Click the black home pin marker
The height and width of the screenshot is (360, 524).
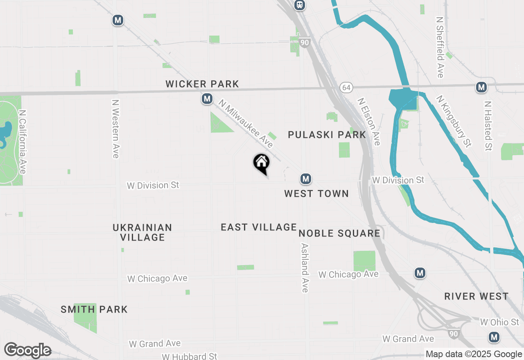click(x=261, y=163)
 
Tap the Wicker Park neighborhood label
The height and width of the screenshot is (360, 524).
click(x=202, y=84)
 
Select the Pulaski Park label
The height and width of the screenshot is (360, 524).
click(x=327, y=135)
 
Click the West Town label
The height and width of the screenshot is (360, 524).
click(x=316, y=193)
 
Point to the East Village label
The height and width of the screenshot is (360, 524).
click(x=259, y=227)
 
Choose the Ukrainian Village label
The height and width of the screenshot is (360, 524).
click(x=142, y=232)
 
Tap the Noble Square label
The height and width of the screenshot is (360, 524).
click(x=339, y=233)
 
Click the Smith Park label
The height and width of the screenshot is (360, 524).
click(x=94, y=309)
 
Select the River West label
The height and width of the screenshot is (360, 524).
click(x=477, y=296)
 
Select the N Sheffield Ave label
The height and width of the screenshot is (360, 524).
click(x=440, y=47)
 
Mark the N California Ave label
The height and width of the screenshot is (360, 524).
click(x=23, y=142)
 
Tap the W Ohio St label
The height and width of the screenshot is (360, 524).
click(x=499, y=322)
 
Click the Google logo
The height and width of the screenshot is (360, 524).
click(x=27, y=351)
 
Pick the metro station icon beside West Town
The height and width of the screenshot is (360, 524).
click(x=305, y=179)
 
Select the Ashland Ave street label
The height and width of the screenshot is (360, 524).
click(x=305, y=268)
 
